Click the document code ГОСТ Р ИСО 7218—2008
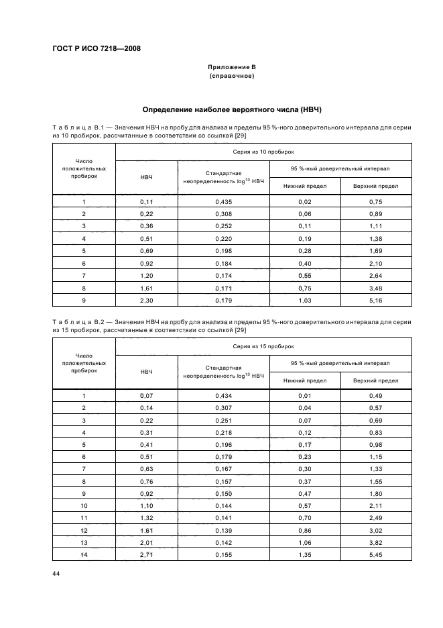click(x=95, y=48)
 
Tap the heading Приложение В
click(x=232, y=68)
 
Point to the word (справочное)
click(x=232, y=76)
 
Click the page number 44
click(x=56, y=574)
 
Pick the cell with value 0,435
click(x=223, y=201)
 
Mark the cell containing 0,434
click(x=223, y=396)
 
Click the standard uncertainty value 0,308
click(x=223, y=213)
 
